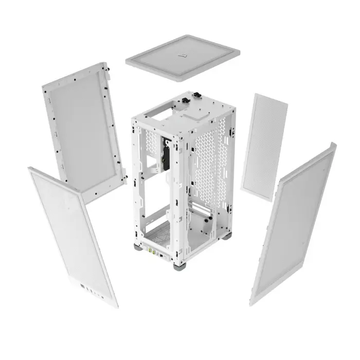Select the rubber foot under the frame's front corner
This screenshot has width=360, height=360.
click(179, 266)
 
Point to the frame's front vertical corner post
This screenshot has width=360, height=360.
click(177, 195)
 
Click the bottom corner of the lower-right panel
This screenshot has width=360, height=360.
click(253, 302)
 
